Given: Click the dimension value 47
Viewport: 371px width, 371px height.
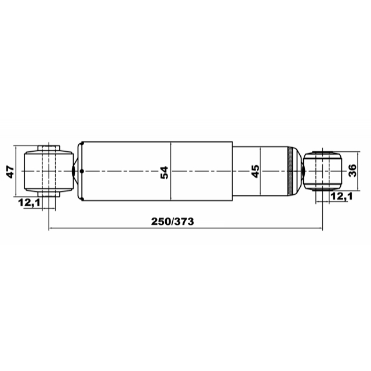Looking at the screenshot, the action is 10,172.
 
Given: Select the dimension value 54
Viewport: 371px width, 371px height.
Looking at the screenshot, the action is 164,173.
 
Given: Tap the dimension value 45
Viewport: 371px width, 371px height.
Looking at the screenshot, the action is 255,172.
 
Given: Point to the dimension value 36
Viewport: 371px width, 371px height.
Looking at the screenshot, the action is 352,170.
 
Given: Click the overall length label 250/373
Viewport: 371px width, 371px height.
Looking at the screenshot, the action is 173,221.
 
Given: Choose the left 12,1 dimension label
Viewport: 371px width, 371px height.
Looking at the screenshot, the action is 30,202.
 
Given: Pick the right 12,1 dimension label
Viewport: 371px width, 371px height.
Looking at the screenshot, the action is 341,196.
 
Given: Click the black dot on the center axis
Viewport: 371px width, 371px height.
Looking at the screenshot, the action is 82,171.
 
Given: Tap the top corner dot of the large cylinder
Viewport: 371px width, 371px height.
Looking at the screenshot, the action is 82,143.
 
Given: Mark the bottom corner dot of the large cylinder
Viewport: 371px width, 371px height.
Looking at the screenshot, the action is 82,199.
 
